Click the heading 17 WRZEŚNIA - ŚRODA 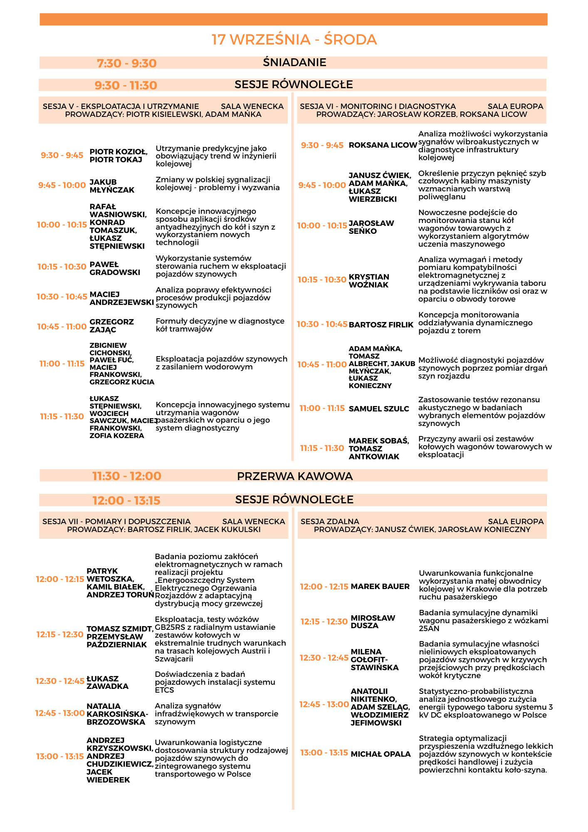coord(294,40)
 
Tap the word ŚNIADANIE coord(294,62)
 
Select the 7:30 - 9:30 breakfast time coord(127,63)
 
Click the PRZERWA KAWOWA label coord(295,476)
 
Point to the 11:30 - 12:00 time coord(127,476)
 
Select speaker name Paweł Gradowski coord(115,268)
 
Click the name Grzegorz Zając coord(111,326)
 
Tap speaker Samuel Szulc coord(379,409)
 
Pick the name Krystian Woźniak coord(369,281)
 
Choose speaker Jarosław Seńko coord(371,227)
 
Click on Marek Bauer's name coord(380,587)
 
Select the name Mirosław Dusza coord(373,622)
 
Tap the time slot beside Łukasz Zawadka coord(60,681)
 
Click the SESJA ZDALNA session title coord(330,522)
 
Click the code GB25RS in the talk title coord(170,627)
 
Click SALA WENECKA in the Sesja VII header coord(254,522)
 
